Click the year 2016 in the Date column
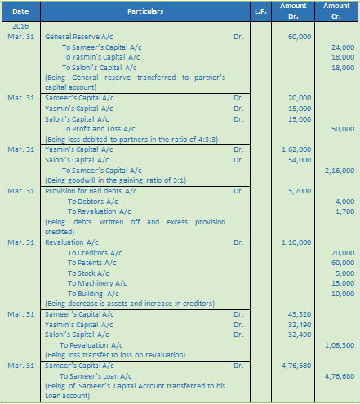pyautogui.click(x=20, y=28)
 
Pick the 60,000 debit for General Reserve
pyautogui.click(x=300, y=38)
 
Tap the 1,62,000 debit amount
pyautogui.click(x=298, y=150)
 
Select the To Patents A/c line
pyautogui.click(x=93, y=263)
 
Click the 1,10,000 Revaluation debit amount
pyautogui.click(x=298, y=242)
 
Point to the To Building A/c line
pyautogui.click(x=93, y=294)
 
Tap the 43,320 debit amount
pyautogui.click(x=300, y=314)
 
